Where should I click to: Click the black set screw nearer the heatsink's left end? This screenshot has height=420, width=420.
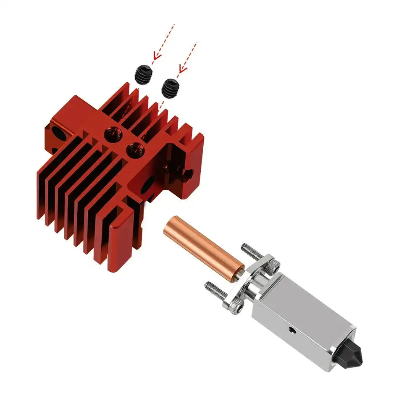coord(144,75)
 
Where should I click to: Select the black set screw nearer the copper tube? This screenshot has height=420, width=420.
coord(170,88)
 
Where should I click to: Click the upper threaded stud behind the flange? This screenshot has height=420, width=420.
coord(250,251)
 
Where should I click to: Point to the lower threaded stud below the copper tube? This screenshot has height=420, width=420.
coord(215,289)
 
